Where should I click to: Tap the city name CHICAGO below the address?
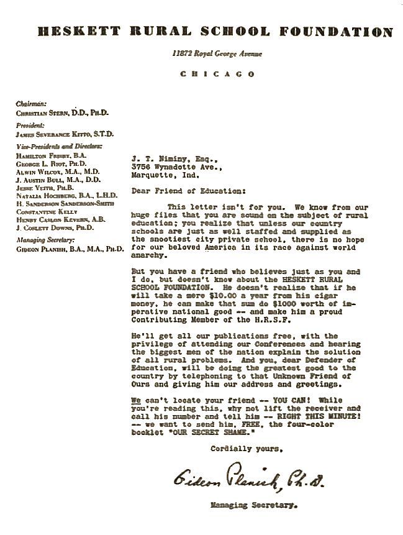[x=217, y=74]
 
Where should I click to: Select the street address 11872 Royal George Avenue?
[x=217, y=54]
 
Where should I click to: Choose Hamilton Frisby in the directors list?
[x=43, y=153]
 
